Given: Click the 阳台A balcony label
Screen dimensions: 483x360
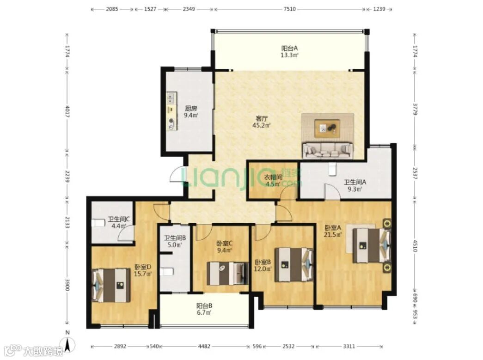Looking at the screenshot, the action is (x=289, y=49).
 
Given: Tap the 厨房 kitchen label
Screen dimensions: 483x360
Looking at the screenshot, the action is (x=191, y=109).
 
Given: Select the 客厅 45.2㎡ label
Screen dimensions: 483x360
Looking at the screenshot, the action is (x=262, y=122).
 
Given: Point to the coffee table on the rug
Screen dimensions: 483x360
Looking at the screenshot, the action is (x=327, y=128).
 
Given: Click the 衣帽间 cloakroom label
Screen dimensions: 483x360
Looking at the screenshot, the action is (x=273, y=177).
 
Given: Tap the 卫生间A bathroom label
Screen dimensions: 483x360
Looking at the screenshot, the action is (x=355, y=182).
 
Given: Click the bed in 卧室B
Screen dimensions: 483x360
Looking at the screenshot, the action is (x=294, y=264).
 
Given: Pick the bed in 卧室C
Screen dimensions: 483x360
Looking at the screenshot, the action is (x=227, y=273).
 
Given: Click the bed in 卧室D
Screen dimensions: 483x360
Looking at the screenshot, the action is (x=111, y=285).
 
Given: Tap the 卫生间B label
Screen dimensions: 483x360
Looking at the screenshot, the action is (x=175, y=238).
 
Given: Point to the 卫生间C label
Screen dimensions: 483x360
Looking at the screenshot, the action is (x=119, y=220).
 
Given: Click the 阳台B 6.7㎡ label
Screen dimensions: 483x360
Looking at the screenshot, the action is (x=204, y=309).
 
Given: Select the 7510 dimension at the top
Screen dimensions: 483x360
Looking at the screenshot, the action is (x=289, y=9).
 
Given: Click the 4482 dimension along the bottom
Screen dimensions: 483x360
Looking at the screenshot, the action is (x=204, y=346).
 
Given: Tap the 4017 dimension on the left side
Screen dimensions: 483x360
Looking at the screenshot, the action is (x=67, y=111).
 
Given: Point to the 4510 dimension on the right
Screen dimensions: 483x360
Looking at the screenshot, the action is (x=415, y=246).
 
